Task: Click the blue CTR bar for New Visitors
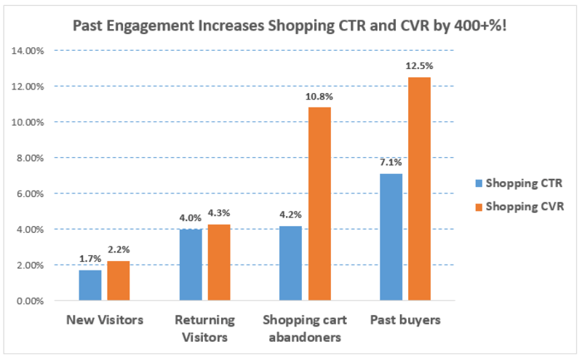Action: pos(90,285)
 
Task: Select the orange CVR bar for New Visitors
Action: pos(118,281)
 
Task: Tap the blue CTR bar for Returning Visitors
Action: pos(191,265)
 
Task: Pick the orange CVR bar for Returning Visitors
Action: pos(218,263)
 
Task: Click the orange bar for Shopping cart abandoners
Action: pos(319,204)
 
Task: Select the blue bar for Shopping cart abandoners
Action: pos(291,263)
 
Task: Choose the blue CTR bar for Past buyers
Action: pos(391,237)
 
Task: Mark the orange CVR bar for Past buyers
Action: pos(419,189)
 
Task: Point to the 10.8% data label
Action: pos(319,97)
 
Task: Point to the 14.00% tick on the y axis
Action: pos(28,51)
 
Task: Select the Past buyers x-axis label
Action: pos(404,320)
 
